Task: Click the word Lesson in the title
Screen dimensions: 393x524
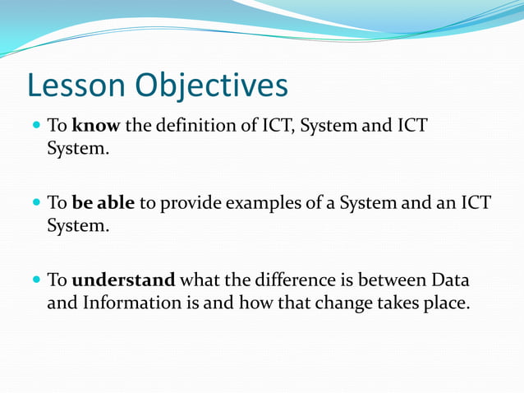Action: pos(76,86)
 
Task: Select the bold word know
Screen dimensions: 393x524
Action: pos(96,127)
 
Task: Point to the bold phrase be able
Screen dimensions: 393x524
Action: pos(103,203)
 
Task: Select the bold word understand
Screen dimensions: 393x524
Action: pos(124,280)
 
